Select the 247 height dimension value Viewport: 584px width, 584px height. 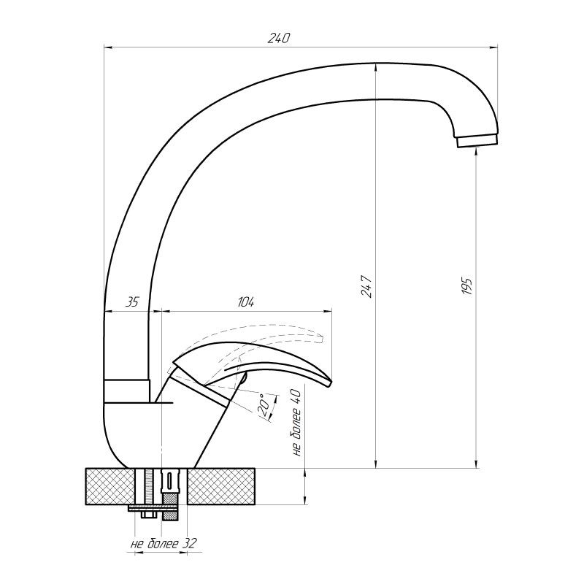366,286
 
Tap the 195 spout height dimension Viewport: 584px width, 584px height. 468,286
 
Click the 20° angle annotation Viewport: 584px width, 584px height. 264,402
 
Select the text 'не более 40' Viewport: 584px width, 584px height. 297,421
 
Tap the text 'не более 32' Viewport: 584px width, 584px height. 164,544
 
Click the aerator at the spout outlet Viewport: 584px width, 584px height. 477,141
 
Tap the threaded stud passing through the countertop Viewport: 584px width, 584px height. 149,485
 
